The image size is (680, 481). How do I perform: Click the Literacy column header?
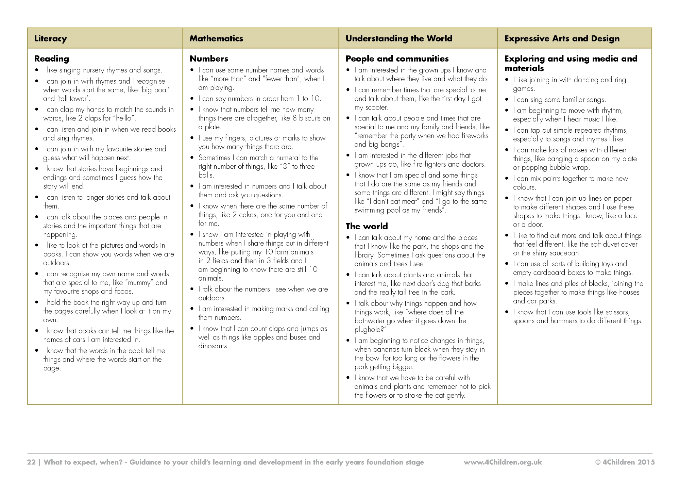pyautogui.click(x=51, y=38)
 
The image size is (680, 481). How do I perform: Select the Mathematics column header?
pyautogui.click(x=216, y=38)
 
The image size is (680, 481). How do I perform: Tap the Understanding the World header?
pyautogui.click(x=399, y=38)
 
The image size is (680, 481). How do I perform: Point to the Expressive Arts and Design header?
pyautogui.click(x=562, y=38)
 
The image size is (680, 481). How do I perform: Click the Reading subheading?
pyautogui.click(x=52, y=59)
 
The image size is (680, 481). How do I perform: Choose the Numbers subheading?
pyautogui.click(x=209, y=59)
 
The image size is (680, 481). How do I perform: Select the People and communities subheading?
pyautogui.click(x=397, y=59)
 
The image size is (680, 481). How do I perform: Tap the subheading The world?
pyautogui.click(x=367, y=226)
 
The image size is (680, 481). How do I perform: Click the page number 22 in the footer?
pyautogui.click(x=31, y=462)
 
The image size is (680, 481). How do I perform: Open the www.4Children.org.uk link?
pyautogui.click(x=503, y=462)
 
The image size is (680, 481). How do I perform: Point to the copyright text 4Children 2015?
pyautogui.click(x=625, y=462)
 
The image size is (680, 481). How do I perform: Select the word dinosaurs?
pyautogui.click(x=213, y=346)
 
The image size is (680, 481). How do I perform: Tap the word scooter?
pyautogui.click(x=376, y=107)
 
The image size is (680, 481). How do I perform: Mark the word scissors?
pyautogui.click(x=616, y=312)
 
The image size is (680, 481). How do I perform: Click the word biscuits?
pyautogui.click(x=306, y=118)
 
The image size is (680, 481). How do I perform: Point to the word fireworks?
pyautogui.click(x=475, y=136)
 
